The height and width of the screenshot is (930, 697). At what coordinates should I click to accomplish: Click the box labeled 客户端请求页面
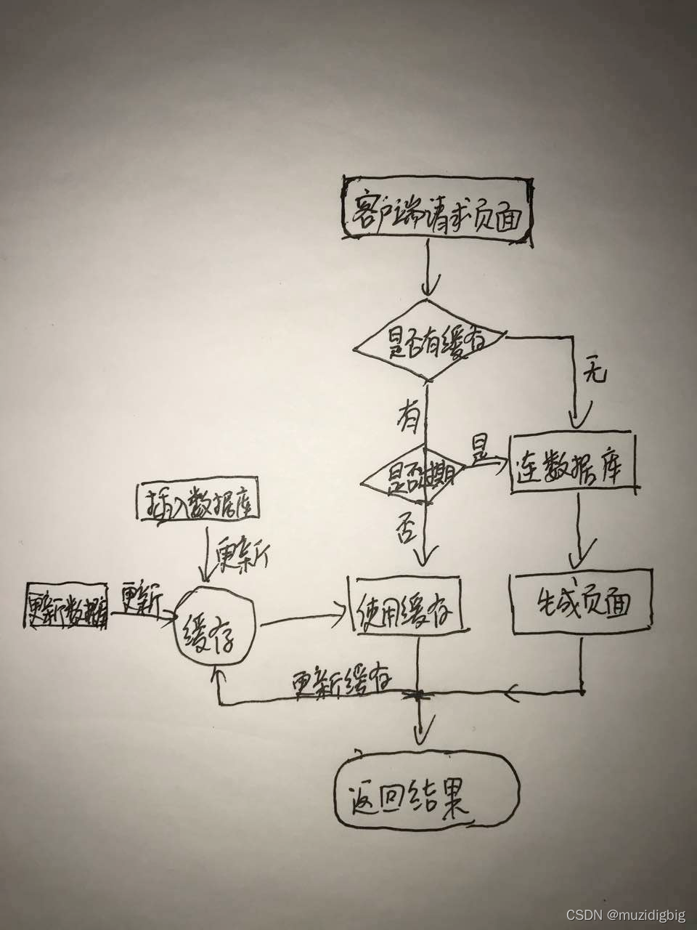tap(436, 206)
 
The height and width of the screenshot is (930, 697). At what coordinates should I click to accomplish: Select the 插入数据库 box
tap(197, 502)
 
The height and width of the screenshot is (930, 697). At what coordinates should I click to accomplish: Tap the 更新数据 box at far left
tap(67, 604)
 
